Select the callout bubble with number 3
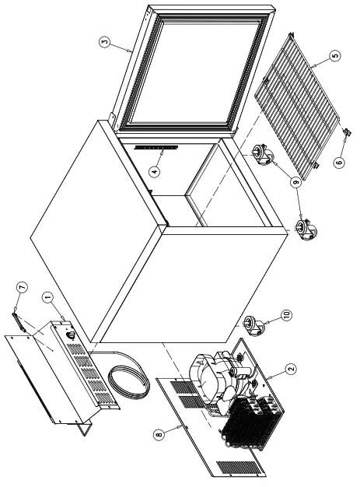[x=106, y=41]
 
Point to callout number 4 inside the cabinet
[x=156, y=172]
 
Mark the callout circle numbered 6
[x=337, y=163]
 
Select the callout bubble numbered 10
[x=285, y=317]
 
